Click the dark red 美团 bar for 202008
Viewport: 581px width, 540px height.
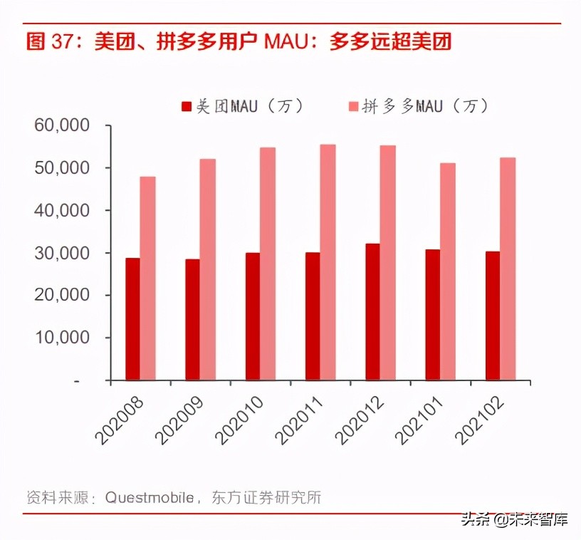[x=132, y=319]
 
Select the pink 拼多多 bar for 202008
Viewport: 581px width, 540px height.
[x=147, y=279]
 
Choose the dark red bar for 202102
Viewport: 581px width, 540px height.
[x=492, y=316]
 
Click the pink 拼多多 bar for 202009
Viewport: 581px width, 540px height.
[x=207, y=269]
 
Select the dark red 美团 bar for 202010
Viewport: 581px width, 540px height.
[x=252, y=316]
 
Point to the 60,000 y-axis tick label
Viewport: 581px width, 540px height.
[x=63, y=126]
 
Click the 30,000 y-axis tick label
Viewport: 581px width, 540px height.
[x=63, y=253]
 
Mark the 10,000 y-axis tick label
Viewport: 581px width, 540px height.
[x=63, y=338]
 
